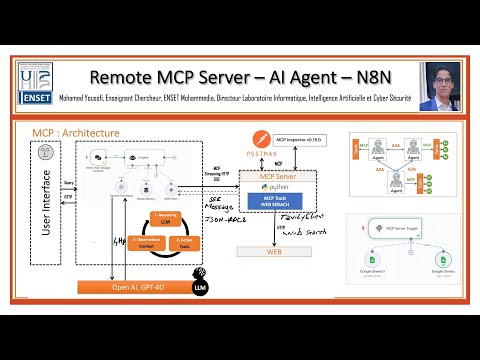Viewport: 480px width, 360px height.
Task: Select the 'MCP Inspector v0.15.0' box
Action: [308, 137]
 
